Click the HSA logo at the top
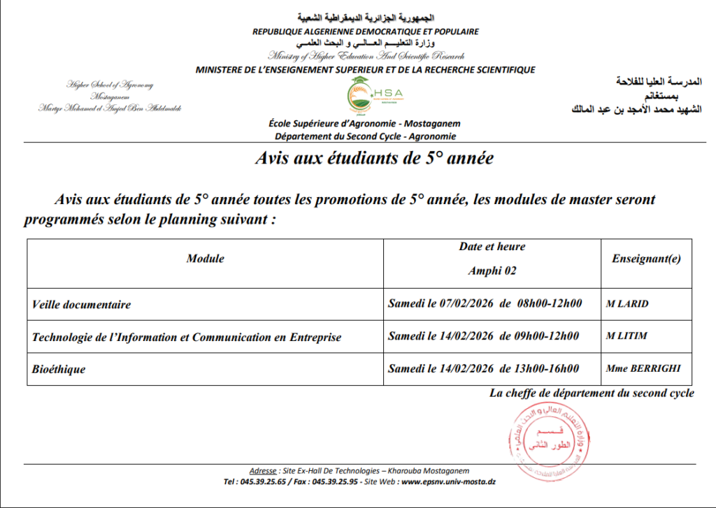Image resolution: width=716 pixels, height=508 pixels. click(370, 96)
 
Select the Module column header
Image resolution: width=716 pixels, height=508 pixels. click(206, 259)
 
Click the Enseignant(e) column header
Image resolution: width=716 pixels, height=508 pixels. click(646, 259)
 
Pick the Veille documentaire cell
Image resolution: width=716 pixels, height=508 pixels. click(82, 305)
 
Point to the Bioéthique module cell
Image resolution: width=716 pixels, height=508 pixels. click(59, 369)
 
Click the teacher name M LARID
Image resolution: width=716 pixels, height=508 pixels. click(628, 304)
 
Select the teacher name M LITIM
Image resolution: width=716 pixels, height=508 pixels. click(626, 336)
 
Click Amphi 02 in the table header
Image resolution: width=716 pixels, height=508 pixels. click(492, 271)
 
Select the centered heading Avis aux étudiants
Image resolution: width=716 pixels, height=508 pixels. click(374, 159)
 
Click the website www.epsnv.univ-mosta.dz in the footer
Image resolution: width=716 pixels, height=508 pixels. click(449, 481)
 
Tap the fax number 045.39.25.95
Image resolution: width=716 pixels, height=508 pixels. click(335, 481)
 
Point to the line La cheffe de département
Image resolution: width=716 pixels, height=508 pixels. click(592, 393)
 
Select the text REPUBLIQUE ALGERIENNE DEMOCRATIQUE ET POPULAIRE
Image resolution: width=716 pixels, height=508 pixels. click(366, 31)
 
